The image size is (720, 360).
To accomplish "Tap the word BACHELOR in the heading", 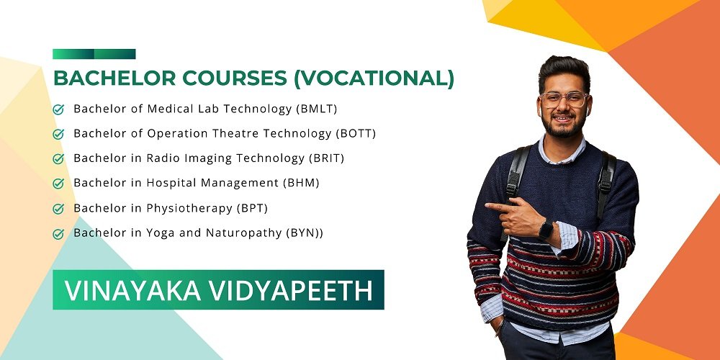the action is pyautogui.click(x=114, y=78).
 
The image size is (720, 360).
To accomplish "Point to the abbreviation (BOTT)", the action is pyautogui.click(x=356, y=134).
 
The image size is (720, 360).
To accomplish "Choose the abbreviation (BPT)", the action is pyautogui.click(x=252, y=208).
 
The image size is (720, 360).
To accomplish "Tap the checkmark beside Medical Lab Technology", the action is pyautogui.click(x=58, y=109).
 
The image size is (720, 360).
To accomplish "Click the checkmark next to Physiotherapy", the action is pyautogui.click(x=58, y=209).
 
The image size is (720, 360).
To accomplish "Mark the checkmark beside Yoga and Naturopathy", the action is pyautogui.click(x=58, y=234).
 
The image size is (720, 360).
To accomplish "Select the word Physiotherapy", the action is pyautogui.click(x=189, y=209).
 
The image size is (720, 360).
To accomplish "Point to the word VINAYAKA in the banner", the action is pyautogui.click(x=132, y=290).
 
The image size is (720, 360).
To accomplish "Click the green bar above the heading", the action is pyautogui.click(x=94, y=54).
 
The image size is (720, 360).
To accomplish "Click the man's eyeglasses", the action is pyautogui.click(x=564, y=99).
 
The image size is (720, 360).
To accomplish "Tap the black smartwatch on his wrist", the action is pyautogui.click(x=546, y=230).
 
